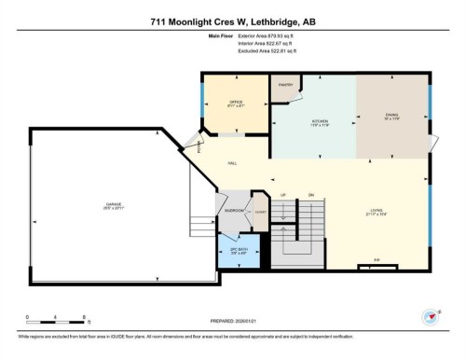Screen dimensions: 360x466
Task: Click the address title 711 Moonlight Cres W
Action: pyautogui.click(x=233, y=22)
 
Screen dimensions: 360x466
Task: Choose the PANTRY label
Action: pyautogui.click(x=285, y=84)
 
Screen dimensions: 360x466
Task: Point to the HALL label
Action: pyautogui.click(x=232, y=163)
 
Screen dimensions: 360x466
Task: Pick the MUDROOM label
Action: pyautogui.click(x=234, y=211)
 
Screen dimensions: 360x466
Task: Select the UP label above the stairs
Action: pyautogui.click(x=282, y=194)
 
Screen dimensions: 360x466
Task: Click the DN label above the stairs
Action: pyautogui.click(x=311, y=194)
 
